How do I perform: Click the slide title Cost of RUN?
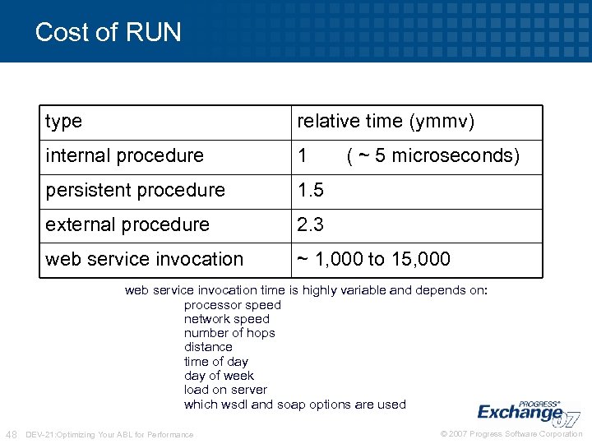tap(108, 32)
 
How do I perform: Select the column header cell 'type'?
tap(64, 122)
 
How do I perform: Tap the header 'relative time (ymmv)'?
tap(386, 122)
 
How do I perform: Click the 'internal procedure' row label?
tap(125, 156)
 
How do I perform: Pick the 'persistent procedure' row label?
tap(136, 191)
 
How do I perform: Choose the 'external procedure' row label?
tap(128, 225)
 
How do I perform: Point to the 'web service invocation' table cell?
tap(145, 260)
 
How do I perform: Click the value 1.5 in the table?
tap(311, 191)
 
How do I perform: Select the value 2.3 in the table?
tap(311, 225)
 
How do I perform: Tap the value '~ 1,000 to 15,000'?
tap(373, 260)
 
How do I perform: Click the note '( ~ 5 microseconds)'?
tap(433, 156)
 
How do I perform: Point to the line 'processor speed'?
tap(233, 305)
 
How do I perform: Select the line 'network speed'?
tap(227, 319)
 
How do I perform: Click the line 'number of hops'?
tap(229, 333)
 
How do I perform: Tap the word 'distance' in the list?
tap(208, 347)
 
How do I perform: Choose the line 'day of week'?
tap(220, 376)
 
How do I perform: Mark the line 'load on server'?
tap(226, 390)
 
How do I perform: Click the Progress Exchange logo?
tap(526, 412)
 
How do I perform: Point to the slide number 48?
tap(12, 434)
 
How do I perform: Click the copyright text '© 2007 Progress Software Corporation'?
tap(511, 434)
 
